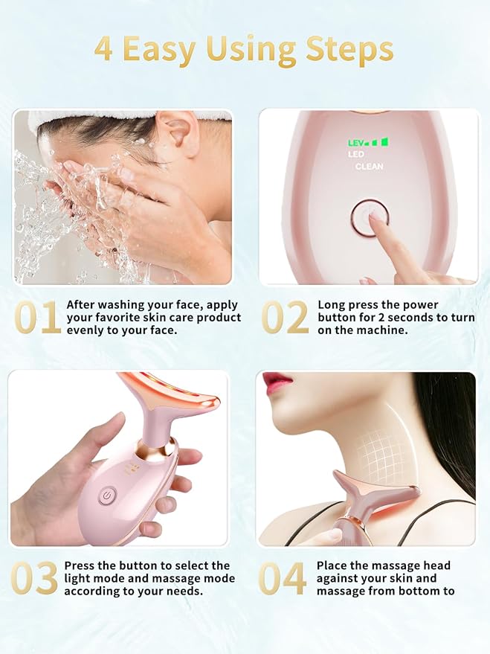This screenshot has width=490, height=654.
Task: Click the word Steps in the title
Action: (350, 51)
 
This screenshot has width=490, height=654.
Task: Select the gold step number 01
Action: (37, 318)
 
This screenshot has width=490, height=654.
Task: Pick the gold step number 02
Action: (285, 318)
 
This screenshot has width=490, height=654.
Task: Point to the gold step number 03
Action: (34, 578)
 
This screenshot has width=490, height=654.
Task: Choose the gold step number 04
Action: (282, 578)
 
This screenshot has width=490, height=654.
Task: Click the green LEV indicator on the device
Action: (368, 143)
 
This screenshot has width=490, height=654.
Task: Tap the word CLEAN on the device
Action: (370, 167)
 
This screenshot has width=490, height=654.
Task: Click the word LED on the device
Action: (356, 154)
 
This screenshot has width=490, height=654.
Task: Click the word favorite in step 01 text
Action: (119, 318)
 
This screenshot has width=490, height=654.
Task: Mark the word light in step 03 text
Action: (77, 579)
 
